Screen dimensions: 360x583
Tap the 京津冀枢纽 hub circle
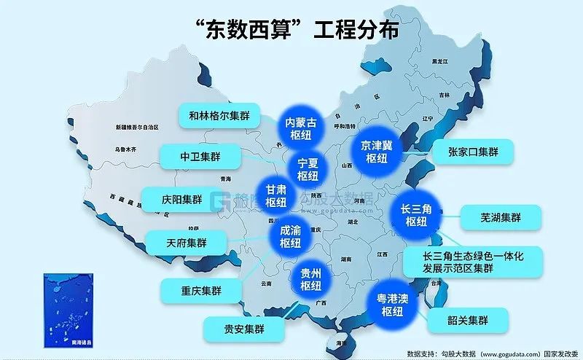tap(376, 151)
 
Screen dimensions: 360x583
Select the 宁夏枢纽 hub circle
tap(308, 169)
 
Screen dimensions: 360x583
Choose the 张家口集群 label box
tap(473, 152)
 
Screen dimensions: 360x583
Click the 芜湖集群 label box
tap(501, 217)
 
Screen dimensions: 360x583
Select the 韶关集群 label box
tap(468, 321)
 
